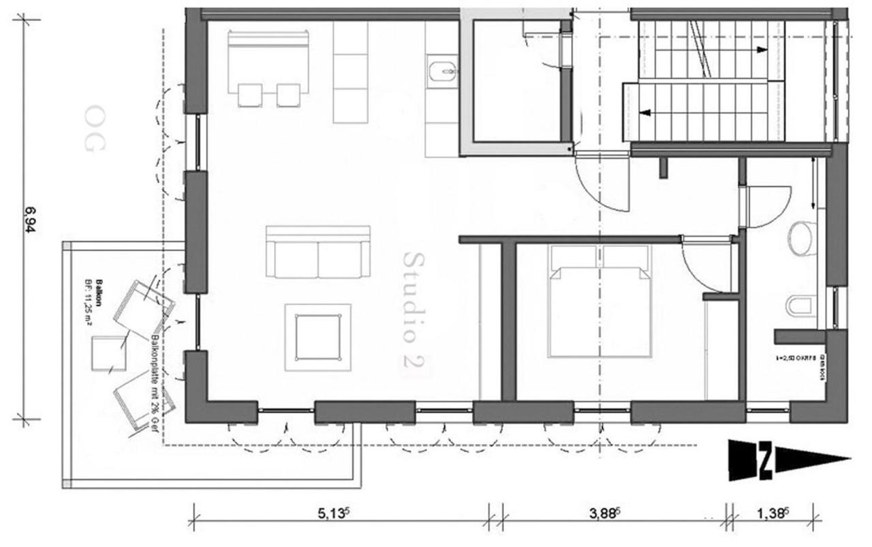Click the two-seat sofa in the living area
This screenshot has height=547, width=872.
[x=317, y=252]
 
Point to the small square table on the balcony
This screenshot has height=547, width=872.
[x=109, y=353]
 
